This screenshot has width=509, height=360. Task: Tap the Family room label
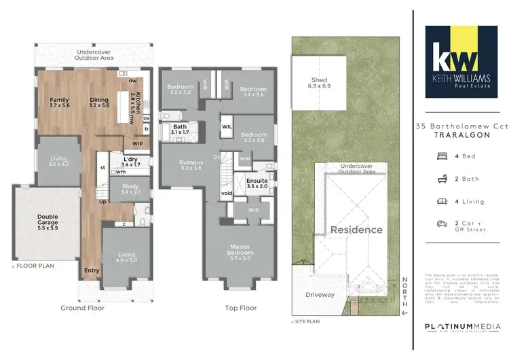pos(60,103)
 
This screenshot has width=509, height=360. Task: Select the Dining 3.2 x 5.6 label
pos(99,103)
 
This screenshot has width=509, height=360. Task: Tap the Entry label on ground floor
pos(92,270)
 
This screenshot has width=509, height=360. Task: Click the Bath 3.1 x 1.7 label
pos(180,128)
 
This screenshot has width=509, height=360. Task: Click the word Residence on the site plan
pos(356,230)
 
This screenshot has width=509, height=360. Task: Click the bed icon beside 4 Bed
pos(442,156)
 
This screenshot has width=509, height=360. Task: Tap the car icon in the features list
pos(442,223)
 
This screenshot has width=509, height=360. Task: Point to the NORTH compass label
pos(404,289)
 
